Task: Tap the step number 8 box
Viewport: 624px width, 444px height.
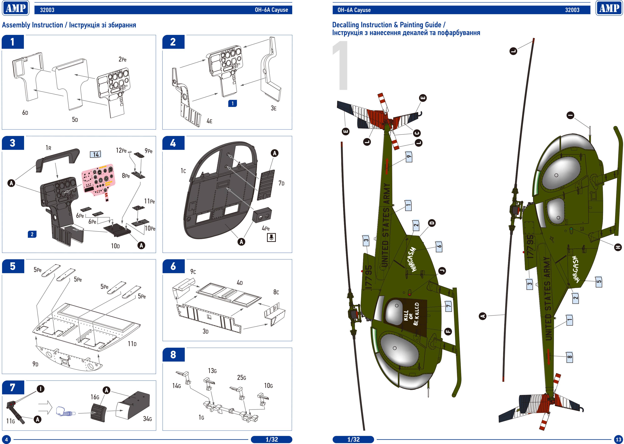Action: click(173, 355)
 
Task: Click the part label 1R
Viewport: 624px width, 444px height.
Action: click(48, 148)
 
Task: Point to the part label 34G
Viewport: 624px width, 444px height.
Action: click(147, 419)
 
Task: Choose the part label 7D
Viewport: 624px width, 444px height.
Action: click(281, 183)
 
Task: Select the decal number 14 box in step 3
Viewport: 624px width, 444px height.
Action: click(95, 155)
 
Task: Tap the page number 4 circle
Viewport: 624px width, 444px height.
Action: click(6, 439)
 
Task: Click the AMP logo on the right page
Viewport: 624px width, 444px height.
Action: click(609, 8)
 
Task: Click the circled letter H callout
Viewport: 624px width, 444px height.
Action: click(618, 247)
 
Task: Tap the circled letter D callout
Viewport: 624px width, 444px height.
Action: click(432, 223)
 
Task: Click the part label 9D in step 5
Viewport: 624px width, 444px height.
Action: click(35, 364)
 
